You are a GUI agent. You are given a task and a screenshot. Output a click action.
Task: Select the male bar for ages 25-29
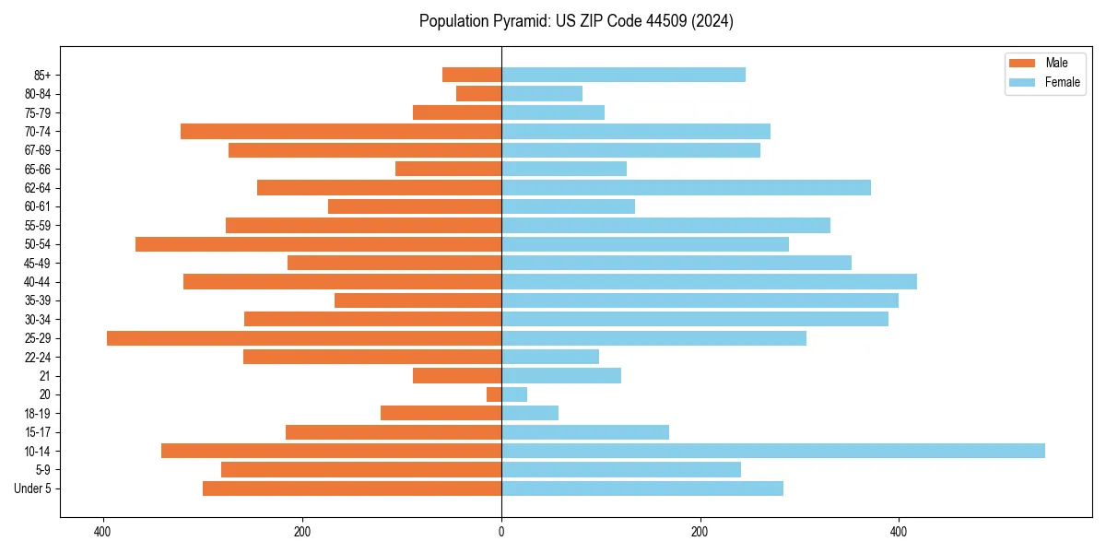click(304, 338)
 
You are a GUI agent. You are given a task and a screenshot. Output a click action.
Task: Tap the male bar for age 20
click(494, 394)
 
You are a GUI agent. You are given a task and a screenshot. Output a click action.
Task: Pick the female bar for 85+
click(623, 75)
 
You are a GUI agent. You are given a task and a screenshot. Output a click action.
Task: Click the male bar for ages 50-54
click(318, 244)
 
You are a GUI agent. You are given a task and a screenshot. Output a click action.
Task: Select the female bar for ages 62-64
click(686, 188)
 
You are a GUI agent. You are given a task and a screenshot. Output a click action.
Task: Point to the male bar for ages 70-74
click(341, 132)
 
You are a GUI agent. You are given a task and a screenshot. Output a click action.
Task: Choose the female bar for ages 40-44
click(709, 282)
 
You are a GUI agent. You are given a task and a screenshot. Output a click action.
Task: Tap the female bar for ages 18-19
click(530, 413)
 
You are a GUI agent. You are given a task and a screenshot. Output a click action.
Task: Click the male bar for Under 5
click(352, 488)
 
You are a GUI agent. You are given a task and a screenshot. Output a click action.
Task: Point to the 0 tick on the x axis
click(501, 532)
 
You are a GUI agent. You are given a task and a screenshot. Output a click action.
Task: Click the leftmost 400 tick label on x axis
click(102, 532)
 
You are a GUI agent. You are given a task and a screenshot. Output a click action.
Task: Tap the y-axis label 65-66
click(38, 170)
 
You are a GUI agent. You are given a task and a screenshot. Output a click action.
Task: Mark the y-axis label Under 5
click(33, 488)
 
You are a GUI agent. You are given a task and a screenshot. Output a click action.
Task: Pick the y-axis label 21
click(45, 376)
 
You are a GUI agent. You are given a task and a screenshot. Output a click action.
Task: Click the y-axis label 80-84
click(38, 94)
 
